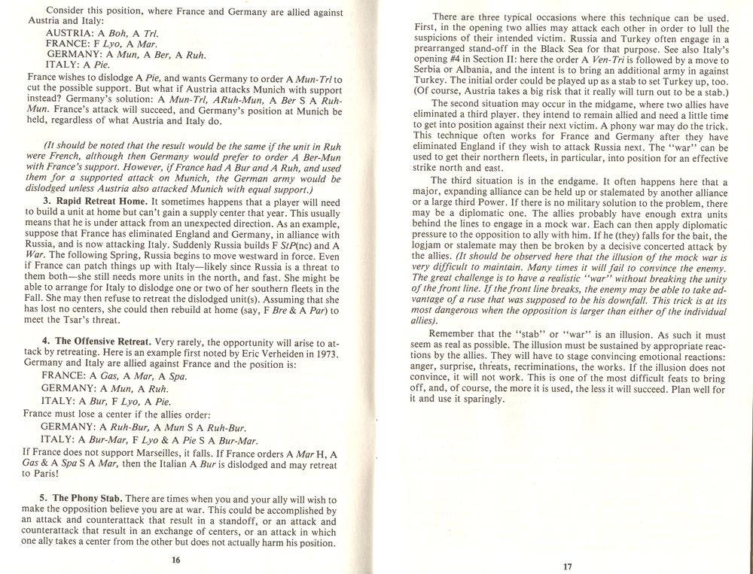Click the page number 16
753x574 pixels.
pos(175,559)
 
